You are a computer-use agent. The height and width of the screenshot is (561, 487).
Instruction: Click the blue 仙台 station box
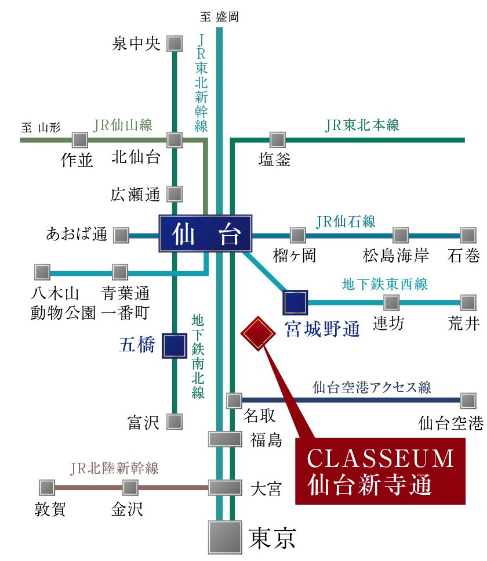(x=206, y=233)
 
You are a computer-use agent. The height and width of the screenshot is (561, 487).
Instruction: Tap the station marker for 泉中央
(x=175, y=44)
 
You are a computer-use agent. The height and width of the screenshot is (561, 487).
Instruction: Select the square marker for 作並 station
(x=79, y=140)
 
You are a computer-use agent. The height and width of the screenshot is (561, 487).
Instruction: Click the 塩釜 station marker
(x=278, y=140)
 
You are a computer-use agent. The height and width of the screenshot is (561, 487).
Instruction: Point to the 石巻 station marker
(x=468, y=235)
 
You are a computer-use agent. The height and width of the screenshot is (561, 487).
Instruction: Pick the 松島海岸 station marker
(x=400, y=235)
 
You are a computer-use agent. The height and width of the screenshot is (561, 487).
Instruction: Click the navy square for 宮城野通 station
(x=295, y=302)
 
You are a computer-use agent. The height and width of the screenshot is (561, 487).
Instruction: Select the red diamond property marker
(x=257, y=333)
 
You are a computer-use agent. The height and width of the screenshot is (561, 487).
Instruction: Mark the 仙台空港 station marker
(x=468, y=400)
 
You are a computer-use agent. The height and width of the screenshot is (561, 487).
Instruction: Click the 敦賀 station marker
(x=46, y=487)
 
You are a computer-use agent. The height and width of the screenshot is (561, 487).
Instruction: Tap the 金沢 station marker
(x=130, y=487)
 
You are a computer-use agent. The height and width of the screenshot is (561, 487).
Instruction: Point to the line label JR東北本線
(x=362, y=125)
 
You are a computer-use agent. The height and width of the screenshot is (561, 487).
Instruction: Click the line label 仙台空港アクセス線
(x=372, y=387)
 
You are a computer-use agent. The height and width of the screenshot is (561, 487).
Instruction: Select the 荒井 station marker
(x=468, y=302)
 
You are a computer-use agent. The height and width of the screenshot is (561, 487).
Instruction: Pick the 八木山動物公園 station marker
(x=42, y=272)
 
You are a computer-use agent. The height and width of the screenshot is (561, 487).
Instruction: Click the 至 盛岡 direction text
(x=219, y=16)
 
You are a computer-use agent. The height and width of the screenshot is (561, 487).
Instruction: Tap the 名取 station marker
(x=234, y=400)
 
